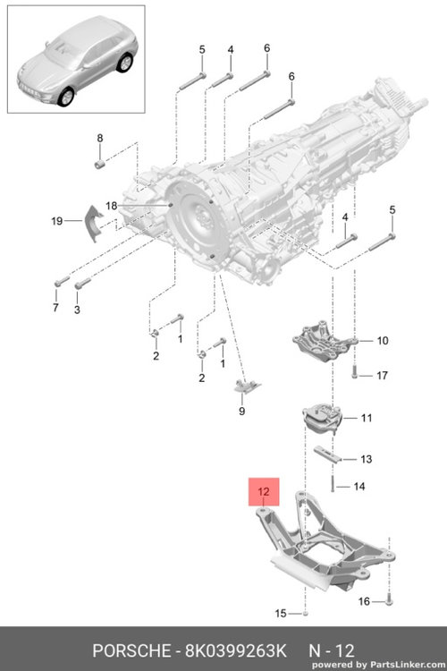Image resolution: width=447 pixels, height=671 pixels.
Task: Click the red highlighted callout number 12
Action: tap(264, 491)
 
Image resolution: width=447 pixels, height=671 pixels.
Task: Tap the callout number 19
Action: tap(57, 221)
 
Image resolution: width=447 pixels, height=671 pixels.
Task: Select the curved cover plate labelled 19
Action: tap(94, 223)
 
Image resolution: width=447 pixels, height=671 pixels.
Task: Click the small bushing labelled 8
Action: tap(99, 164)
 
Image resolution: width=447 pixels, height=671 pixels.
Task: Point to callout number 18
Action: tap(111, 206)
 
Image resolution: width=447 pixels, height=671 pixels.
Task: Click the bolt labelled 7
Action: tap(62, 281)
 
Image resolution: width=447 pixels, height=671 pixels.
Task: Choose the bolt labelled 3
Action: tap(82, 283)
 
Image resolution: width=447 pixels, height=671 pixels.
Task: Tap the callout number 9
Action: tap(242, 411)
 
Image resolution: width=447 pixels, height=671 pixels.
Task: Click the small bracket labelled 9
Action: tap(247, 386)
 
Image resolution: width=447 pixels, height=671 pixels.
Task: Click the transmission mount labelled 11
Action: tap(322, 420)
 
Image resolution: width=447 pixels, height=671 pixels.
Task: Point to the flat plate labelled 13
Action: tap(327, 454)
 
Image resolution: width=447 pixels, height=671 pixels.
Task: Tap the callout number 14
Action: tap(359, 486)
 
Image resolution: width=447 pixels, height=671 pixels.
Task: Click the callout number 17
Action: tap(382, 375)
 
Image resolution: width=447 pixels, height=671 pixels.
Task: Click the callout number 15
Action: tap(280, 613)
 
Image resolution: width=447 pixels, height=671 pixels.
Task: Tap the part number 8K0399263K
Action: tap(235, 651)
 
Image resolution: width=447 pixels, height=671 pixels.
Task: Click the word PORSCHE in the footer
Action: tap(131, 651)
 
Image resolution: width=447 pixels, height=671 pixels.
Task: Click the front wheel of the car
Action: tap(66, 97)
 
